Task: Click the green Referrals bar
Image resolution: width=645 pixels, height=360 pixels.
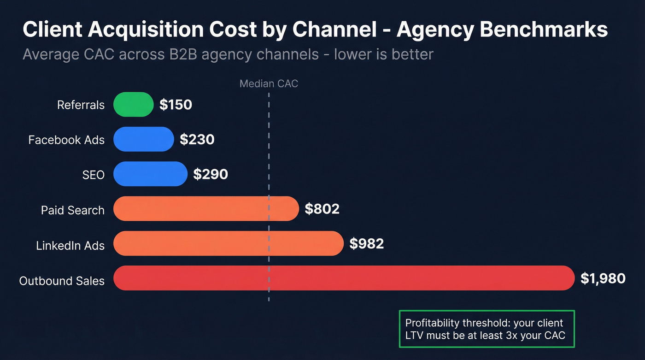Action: [133, 105]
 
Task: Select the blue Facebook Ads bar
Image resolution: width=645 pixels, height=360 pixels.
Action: [143, 139]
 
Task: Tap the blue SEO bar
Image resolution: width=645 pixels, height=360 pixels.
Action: [150, 174]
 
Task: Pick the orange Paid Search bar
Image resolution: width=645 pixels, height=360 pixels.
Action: [206, 209]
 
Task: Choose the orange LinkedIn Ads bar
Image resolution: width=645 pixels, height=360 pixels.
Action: [229, 243]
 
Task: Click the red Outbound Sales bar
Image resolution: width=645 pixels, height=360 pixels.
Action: [344, 278]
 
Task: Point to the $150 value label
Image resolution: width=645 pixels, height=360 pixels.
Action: [176, 105]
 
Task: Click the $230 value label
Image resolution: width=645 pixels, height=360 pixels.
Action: [197, 140]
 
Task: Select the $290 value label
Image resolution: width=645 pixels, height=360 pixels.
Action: [210, 174]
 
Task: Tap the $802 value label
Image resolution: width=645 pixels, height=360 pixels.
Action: [322, 209]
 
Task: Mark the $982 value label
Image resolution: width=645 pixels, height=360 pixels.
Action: [366, 243]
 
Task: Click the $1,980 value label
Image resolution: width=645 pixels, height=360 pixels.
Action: [603, 278]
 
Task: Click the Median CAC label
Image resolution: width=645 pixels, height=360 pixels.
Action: [269, 83]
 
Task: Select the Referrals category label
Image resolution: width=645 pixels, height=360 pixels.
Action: [81, 105]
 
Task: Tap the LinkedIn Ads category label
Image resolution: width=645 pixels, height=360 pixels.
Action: [70, 246]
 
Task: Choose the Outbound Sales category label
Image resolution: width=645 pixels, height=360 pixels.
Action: [62, 281]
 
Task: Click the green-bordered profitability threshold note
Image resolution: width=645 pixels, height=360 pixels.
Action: [487, 329]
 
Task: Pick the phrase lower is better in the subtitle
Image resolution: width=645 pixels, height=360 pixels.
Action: [383, 54]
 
